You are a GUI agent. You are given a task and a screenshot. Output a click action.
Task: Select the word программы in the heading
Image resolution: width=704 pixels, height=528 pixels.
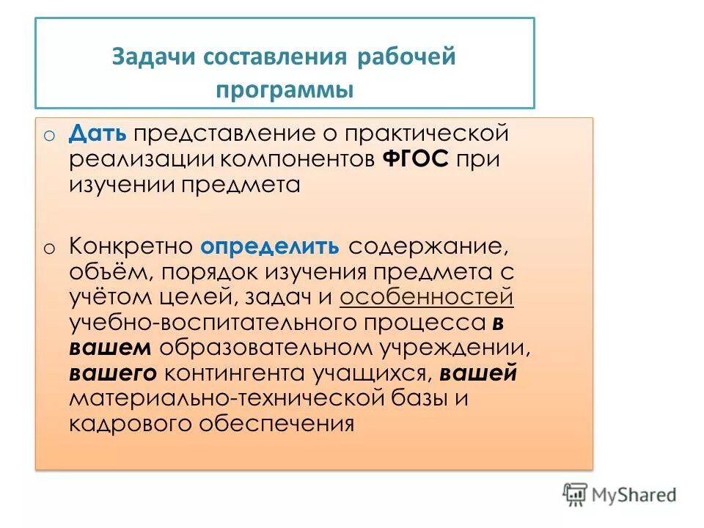[x=285, y=91]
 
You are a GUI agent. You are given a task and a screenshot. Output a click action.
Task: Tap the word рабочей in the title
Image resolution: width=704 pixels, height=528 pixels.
[x=407, y=58]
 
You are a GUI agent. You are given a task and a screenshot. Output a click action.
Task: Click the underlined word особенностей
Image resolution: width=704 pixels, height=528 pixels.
[x=427, y=297]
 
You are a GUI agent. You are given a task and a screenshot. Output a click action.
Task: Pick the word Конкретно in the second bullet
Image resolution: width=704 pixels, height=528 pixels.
[x=131, y=246]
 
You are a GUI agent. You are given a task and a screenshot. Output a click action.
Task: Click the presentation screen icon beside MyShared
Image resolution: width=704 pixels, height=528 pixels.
[x=576, y=494]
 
